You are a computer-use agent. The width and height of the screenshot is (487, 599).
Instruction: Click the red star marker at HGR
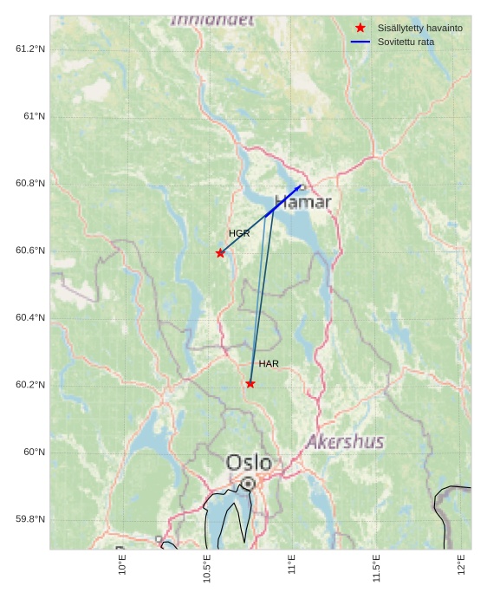pos(220,253)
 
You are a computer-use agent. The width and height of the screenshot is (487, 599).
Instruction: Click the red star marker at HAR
pos(250,383)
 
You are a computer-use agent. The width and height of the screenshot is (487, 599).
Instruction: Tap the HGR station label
pos(239,233)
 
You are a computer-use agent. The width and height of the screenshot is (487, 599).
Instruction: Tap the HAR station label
pos(269,363)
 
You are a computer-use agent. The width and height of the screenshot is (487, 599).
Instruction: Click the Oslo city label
pos(249,462)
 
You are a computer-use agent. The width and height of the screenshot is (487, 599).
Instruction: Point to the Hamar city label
pos(302,202)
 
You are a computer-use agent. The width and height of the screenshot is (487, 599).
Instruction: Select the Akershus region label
pos(344,441)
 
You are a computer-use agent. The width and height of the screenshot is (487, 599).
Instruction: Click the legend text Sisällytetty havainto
pos(419,28)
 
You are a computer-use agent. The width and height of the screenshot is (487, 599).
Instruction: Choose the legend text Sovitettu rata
pos(406,42)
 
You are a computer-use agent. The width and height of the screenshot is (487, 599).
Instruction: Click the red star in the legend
pos(360,28)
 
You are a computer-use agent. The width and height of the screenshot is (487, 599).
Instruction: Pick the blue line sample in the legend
pos(360,42)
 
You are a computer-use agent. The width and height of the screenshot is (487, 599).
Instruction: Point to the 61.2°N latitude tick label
pos(30,49)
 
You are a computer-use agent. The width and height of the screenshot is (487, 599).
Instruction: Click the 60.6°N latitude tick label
pos(30,251)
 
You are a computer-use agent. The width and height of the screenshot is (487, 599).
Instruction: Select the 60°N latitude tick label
pos(34,452)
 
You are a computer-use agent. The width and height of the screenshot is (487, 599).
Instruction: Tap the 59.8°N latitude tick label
pos(30,519)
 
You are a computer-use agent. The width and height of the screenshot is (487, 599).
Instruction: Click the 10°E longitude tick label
pos(122,565)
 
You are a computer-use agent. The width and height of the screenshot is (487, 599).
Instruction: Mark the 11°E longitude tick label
pos(292,565)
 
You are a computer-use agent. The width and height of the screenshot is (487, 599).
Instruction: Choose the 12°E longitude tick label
pos(461,565)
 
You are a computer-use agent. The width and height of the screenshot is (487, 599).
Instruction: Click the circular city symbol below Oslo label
pos(248,483)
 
